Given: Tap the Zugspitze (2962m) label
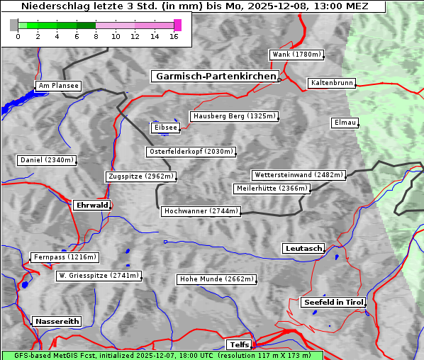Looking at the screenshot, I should pos(140,176).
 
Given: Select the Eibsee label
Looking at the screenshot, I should pos(164,128).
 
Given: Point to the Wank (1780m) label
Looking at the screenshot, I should pos(296,55).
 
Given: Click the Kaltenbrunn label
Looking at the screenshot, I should pos(330,83).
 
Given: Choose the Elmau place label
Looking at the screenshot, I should pos(344,123).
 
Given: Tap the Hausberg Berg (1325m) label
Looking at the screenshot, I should pos(233,116).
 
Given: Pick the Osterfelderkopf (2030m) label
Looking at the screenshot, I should pos(190,152).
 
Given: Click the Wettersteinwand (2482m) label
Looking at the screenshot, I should pos(298,175).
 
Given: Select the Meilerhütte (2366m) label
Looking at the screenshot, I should pos(272,189).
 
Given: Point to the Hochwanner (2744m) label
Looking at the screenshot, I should pos(201,211).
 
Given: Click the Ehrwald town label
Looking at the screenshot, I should pos(91,205).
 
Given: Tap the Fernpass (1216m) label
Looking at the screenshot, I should pos(64,257).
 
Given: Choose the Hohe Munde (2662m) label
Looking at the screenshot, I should pos(216,279).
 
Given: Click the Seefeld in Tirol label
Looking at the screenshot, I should pos(333,302).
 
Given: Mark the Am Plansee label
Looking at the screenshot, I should pos(57,86).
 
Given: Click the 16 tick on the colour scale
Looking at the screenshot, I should pos(174,36).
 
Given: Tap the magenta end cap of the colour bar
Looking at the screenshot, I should pos(177,25).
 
